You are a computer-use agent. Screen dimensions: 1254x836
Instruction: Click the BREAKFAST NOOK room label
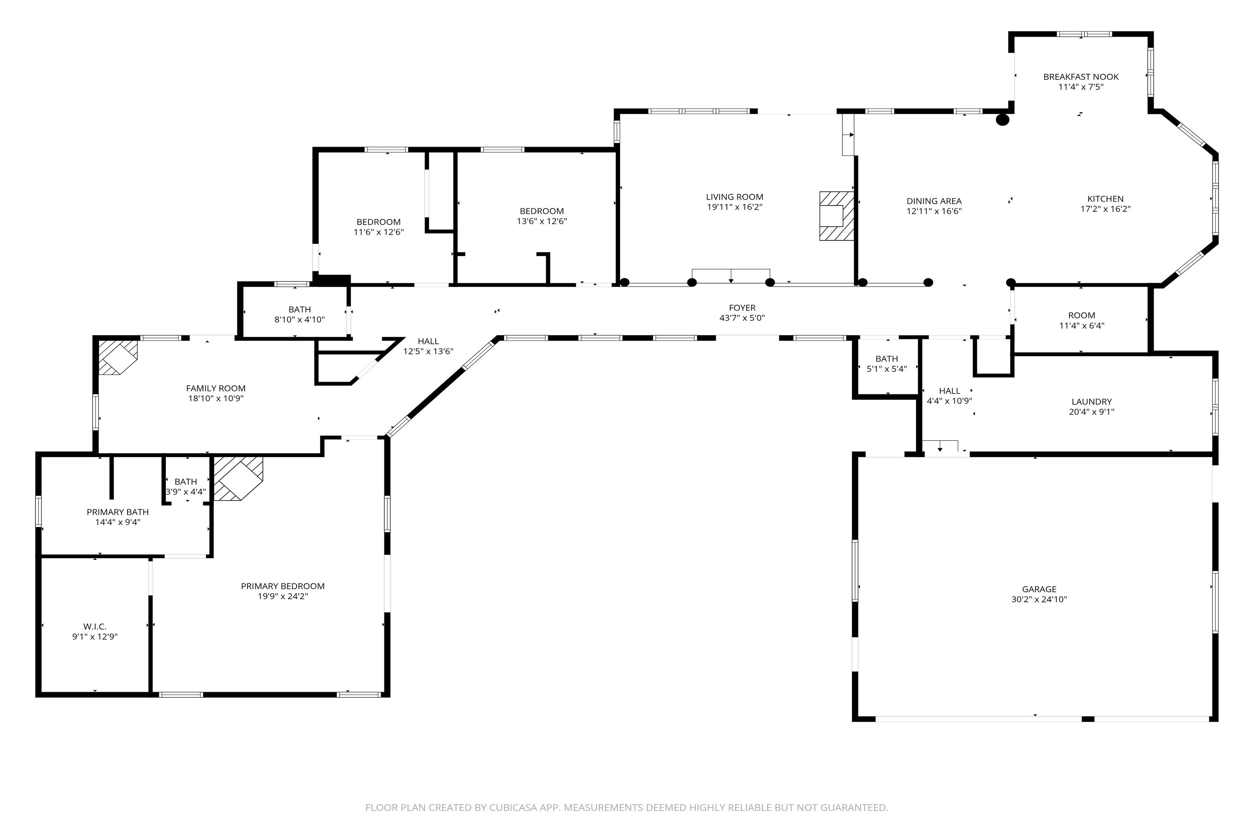coord(1081,77)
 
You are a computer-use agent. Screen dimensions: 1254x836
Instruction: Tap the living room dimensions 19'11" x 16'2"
coord(735,207)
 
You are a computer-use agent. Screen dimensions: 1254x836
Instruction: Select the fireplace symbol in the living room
coord(837,216)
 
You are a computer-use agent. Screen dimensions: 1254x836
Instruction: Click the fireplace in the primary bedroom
coord(238,478)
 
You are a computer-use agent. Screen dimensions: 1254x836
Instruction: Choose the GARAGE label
coord(1039,589)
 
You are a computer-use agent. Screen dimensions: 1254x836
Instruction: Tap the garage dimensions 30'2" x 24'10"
coord(1039,599)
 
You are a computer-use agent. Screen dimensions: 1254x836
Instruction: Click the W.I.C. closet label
coord(95,626)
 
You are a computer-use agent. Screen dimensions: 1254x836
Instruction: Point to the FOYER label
coord(742,308)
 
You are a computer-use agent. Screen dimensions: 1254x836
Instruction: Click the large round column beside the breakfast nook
coord(1003,120)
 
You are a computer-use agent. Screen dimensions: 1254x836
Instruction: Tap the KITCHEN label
coord(1106,199)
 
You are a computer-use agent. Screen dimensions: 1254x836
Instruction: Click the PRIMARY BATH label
coord(118,512)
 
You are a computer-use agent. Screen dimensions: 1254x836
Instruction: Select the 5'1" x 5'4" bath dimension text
coord(887,369)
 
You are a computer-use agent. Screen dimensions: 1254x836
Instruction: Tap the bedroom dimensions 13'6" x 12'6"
coord(542,221)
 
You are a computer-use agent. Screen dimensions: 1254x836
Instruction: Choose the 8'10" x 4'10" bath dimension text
coord(300,319)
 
